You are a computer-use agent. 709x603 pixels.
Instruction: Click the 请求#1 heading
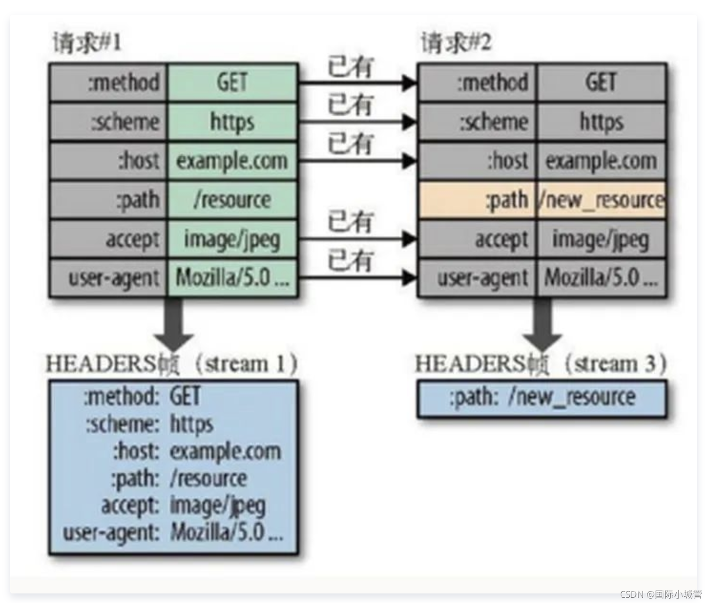click(87, 43)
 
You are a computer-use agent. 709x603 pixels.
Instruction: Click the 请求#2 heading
click(456, 43)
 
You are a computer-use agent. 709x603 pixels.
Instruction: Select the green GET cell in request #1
click(232, 82)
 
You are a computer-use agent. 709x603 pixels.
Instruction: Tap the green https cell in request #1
click(232, 122)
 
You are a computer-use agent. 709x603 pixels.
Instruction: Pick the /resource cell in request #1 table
click(232, 200)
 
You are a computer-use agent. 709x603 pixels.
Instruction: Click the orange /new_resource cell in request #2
click(601, 200)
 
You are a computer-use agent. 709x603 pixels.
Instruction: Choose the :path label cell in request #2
click(477, 200)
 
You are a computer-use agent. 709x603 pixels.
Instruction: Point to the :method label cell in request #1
click(108, 82)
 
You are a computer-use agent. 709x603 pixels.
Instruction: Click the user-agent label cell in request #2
click(477, 278)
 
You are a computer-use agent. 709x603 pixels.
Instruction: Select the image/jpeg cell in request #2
click(601, 239)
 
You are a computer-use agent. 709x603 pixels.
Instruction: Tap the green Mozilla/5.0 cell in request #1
click(232, 278)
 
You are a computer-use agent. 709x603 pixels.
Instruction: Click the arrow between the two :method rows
click(358, 83)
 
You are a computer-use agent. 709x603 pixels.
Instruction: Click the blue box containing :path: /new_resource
click(542, 398)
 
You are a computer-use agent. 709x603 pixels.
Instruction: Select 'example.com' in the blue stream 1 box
click(226, 451)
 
